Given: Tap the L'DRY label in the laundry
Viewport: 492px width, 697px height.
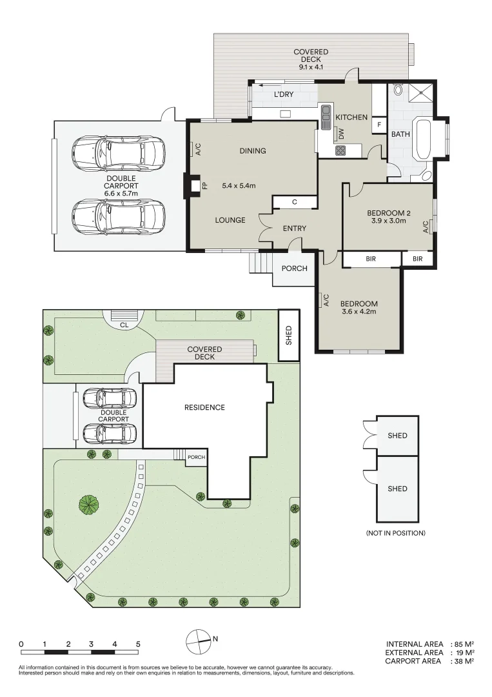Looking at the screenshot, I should [x=284, y=95].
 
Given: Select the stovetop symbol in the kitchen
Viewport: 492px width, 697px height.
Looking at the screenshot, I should [x=340, y=150].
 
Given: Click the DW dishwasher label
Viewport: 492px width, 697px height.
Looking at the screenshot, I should [x=342, y=134].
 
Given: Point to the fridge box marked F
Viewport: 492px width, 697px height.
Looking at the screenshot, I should [x=379, y=125].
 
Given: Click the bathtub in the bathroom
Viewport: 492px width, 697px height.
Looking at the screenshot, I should [x=423, y=139].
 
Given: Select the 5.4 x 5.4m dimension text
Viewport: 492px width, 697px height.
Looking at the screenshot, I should [x=239, y=187].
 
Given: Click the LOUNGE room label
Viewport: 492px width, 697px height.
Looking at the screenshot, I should [x=230, y=220].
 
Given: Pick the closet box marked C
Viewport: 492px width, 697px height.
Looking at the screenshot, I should [x=295, y=202].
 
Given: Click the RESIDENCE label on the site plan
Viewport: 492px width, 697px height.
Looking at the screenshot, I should [x=204, y=407].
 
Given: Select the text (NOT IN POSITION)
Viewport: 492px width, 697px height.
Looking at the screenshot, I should [x=395, y=533].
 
